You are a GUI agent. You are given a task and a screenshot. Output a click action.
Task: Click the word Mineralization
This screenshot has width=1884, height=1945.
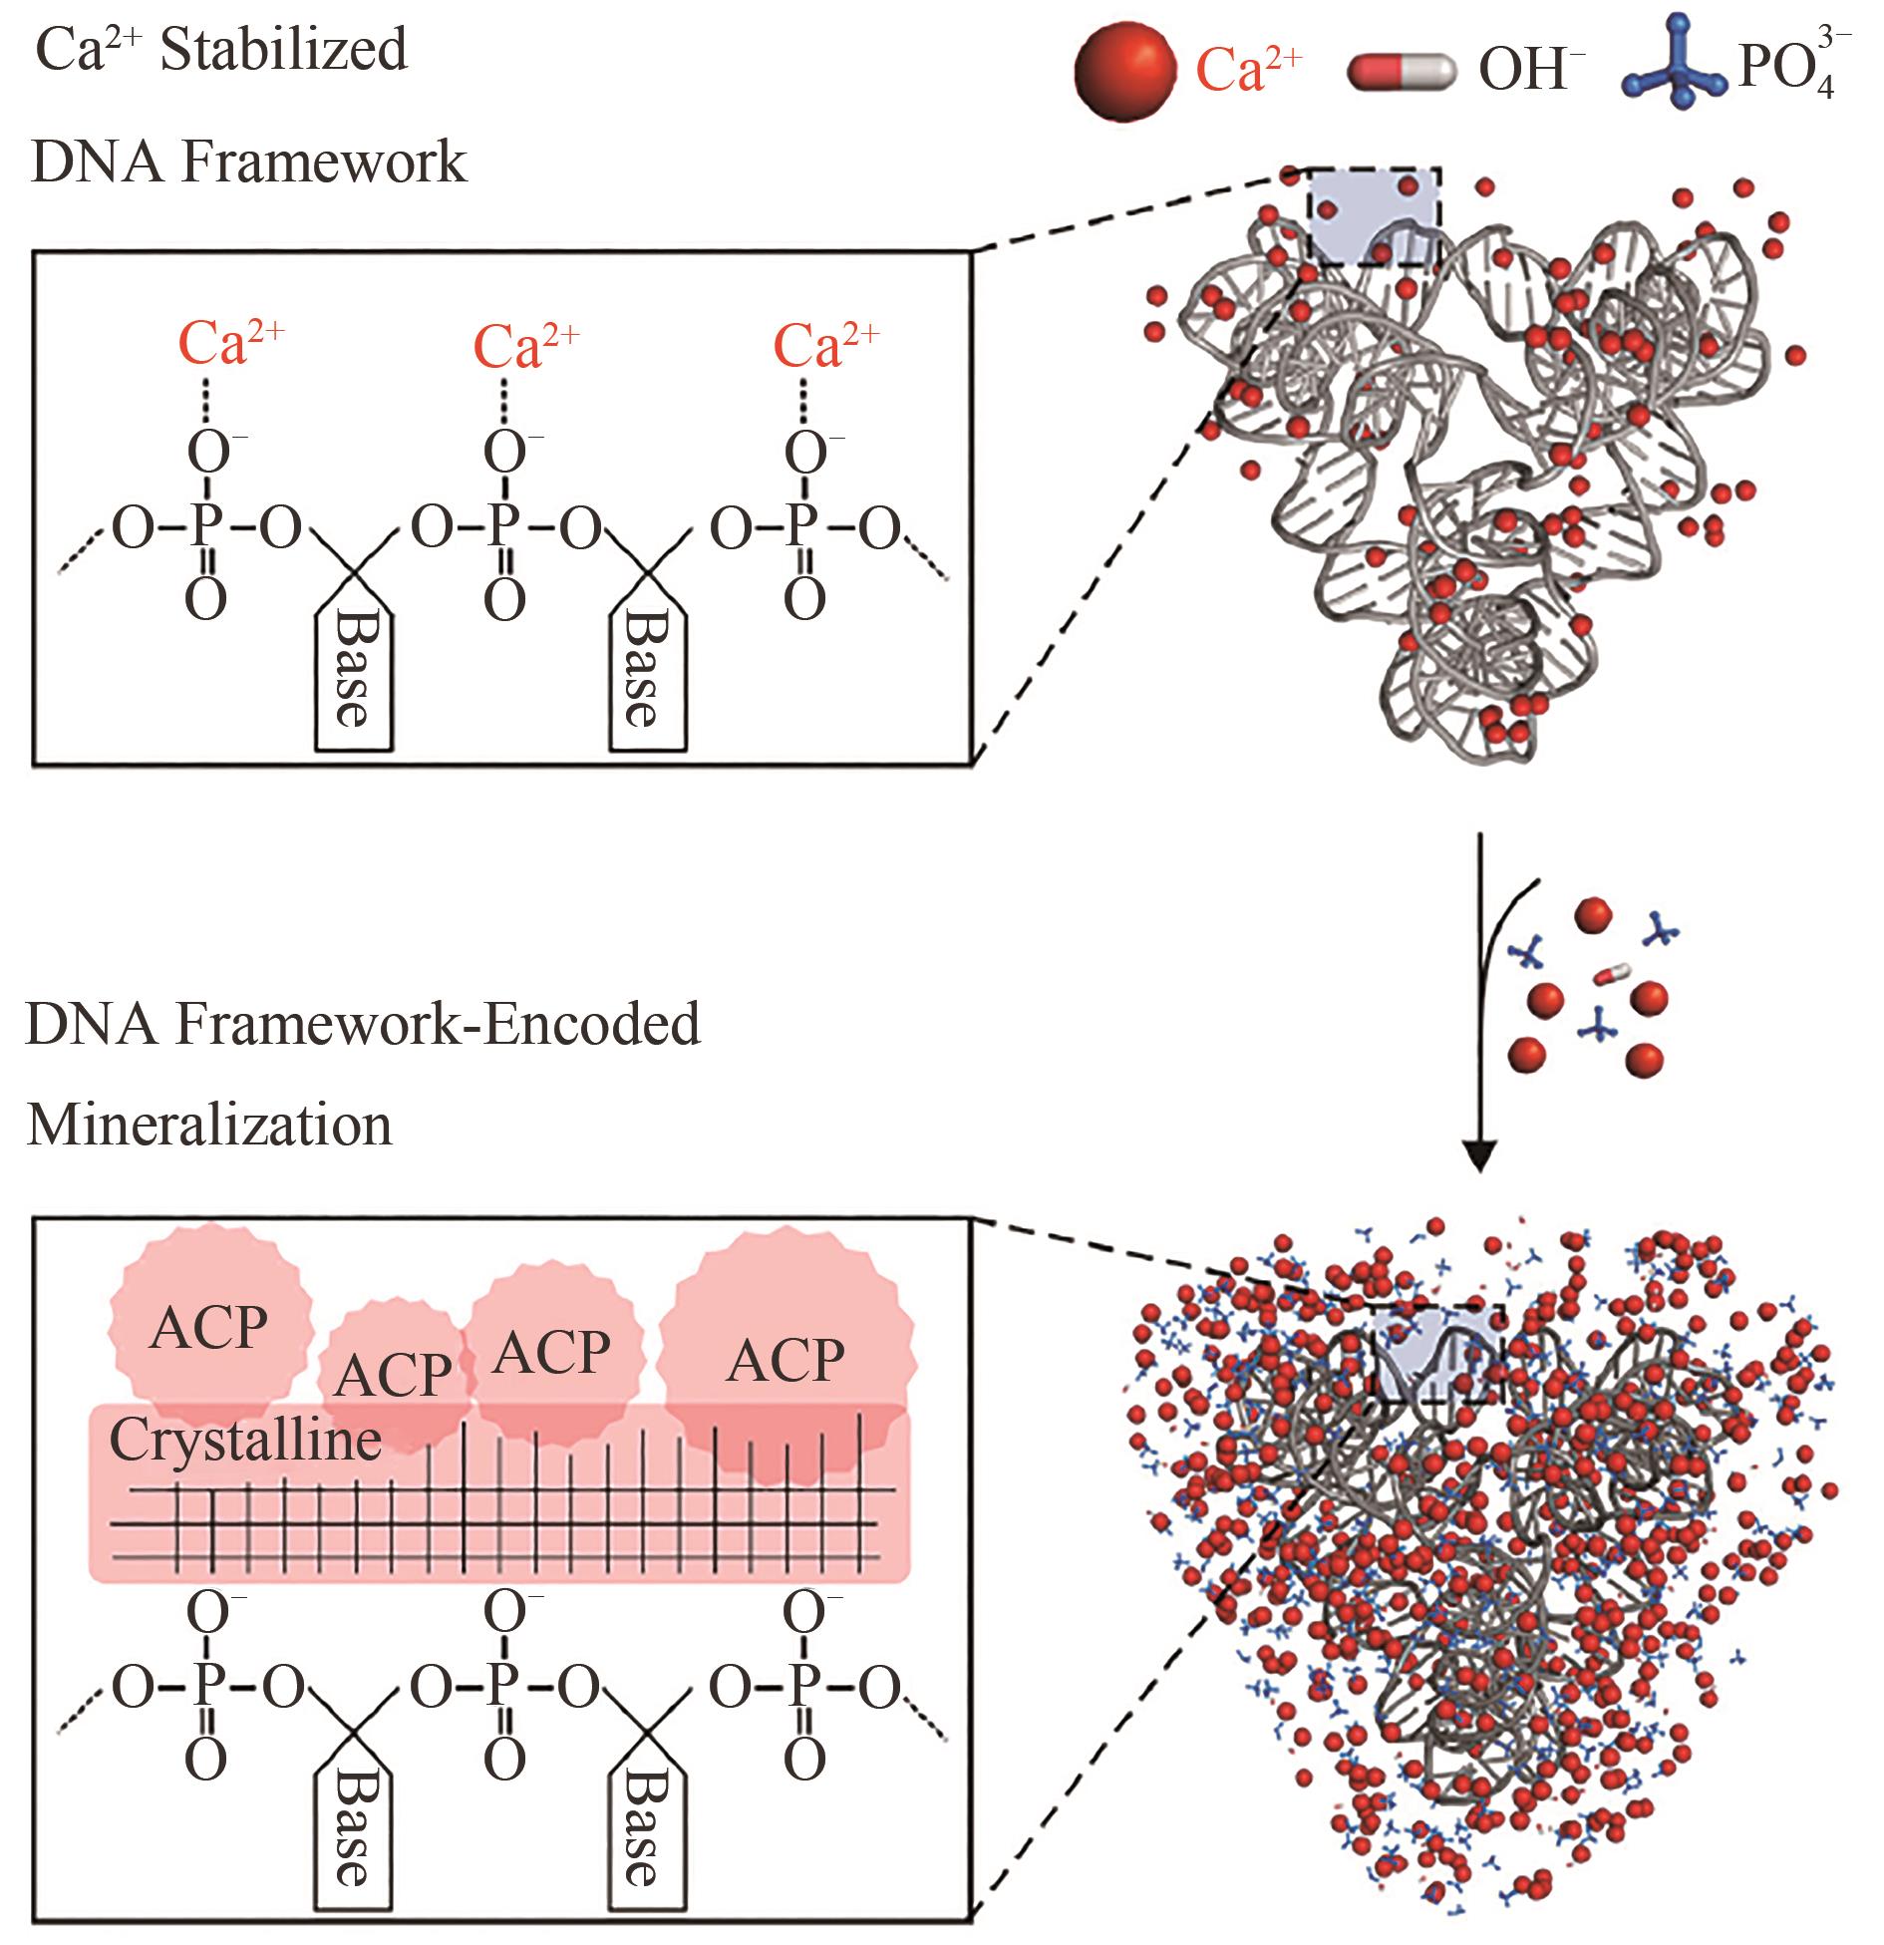click(209, 1126)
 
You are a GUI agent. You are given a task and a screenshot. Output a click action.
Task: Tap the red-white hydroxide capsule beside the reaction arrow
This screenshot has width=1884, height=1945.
click(1613, 973)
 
